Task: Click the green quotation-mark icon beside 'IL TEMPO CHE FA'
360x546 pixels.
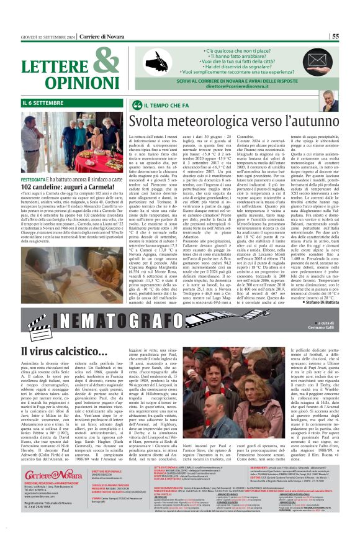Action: click(138, 102)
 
